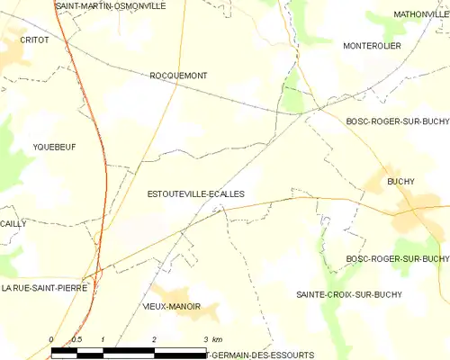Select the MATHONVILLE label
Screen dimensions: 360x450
420,14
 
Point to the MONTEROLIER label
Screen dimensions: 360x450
372,46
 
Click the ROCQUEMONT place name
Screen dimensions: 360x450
178,76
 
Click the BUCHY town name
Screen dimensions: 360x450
400,182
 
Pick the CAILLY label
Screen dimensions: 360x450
13,223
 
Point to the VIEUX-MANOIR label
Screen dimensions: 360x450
171,307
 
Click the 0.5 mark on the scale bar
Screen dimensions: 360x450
76,339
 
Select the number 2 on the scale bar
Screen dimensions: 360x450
155,339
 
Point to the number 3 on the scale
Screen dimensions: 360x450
206,339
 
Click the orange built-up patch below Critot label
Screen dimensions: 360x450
13,56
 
